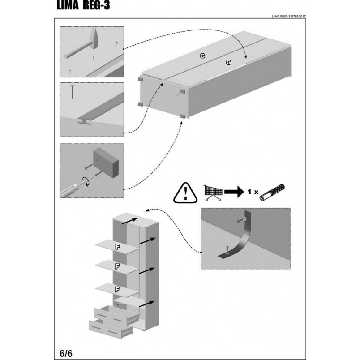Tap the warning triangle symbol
click(x=185, y=193)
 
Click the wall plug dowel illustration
click(x=272, y=193)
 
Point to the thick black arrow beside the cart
click(x=234, y=192)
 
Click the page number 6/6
click(x=66, y=353)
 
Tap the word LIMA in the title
click(x=68, y=6)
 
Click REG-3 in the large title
click(x=96, y=6)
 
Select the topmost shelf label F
click(x=118, y=247)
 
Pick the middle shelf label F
click(x=117, y=266)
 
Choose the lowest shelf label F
click(x=117, y=290)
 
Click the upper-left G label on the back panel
click(x=202, y=56)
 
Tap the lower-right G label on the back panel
click(x=228, y=62)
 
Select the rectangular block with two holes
click(x=106, y=163)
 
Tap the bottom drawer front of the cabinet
click(x=107, y=330)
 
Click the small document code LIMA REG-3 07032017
click(x=289, y=17)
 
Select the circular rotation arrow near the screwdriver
click(x=87, y=181)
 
